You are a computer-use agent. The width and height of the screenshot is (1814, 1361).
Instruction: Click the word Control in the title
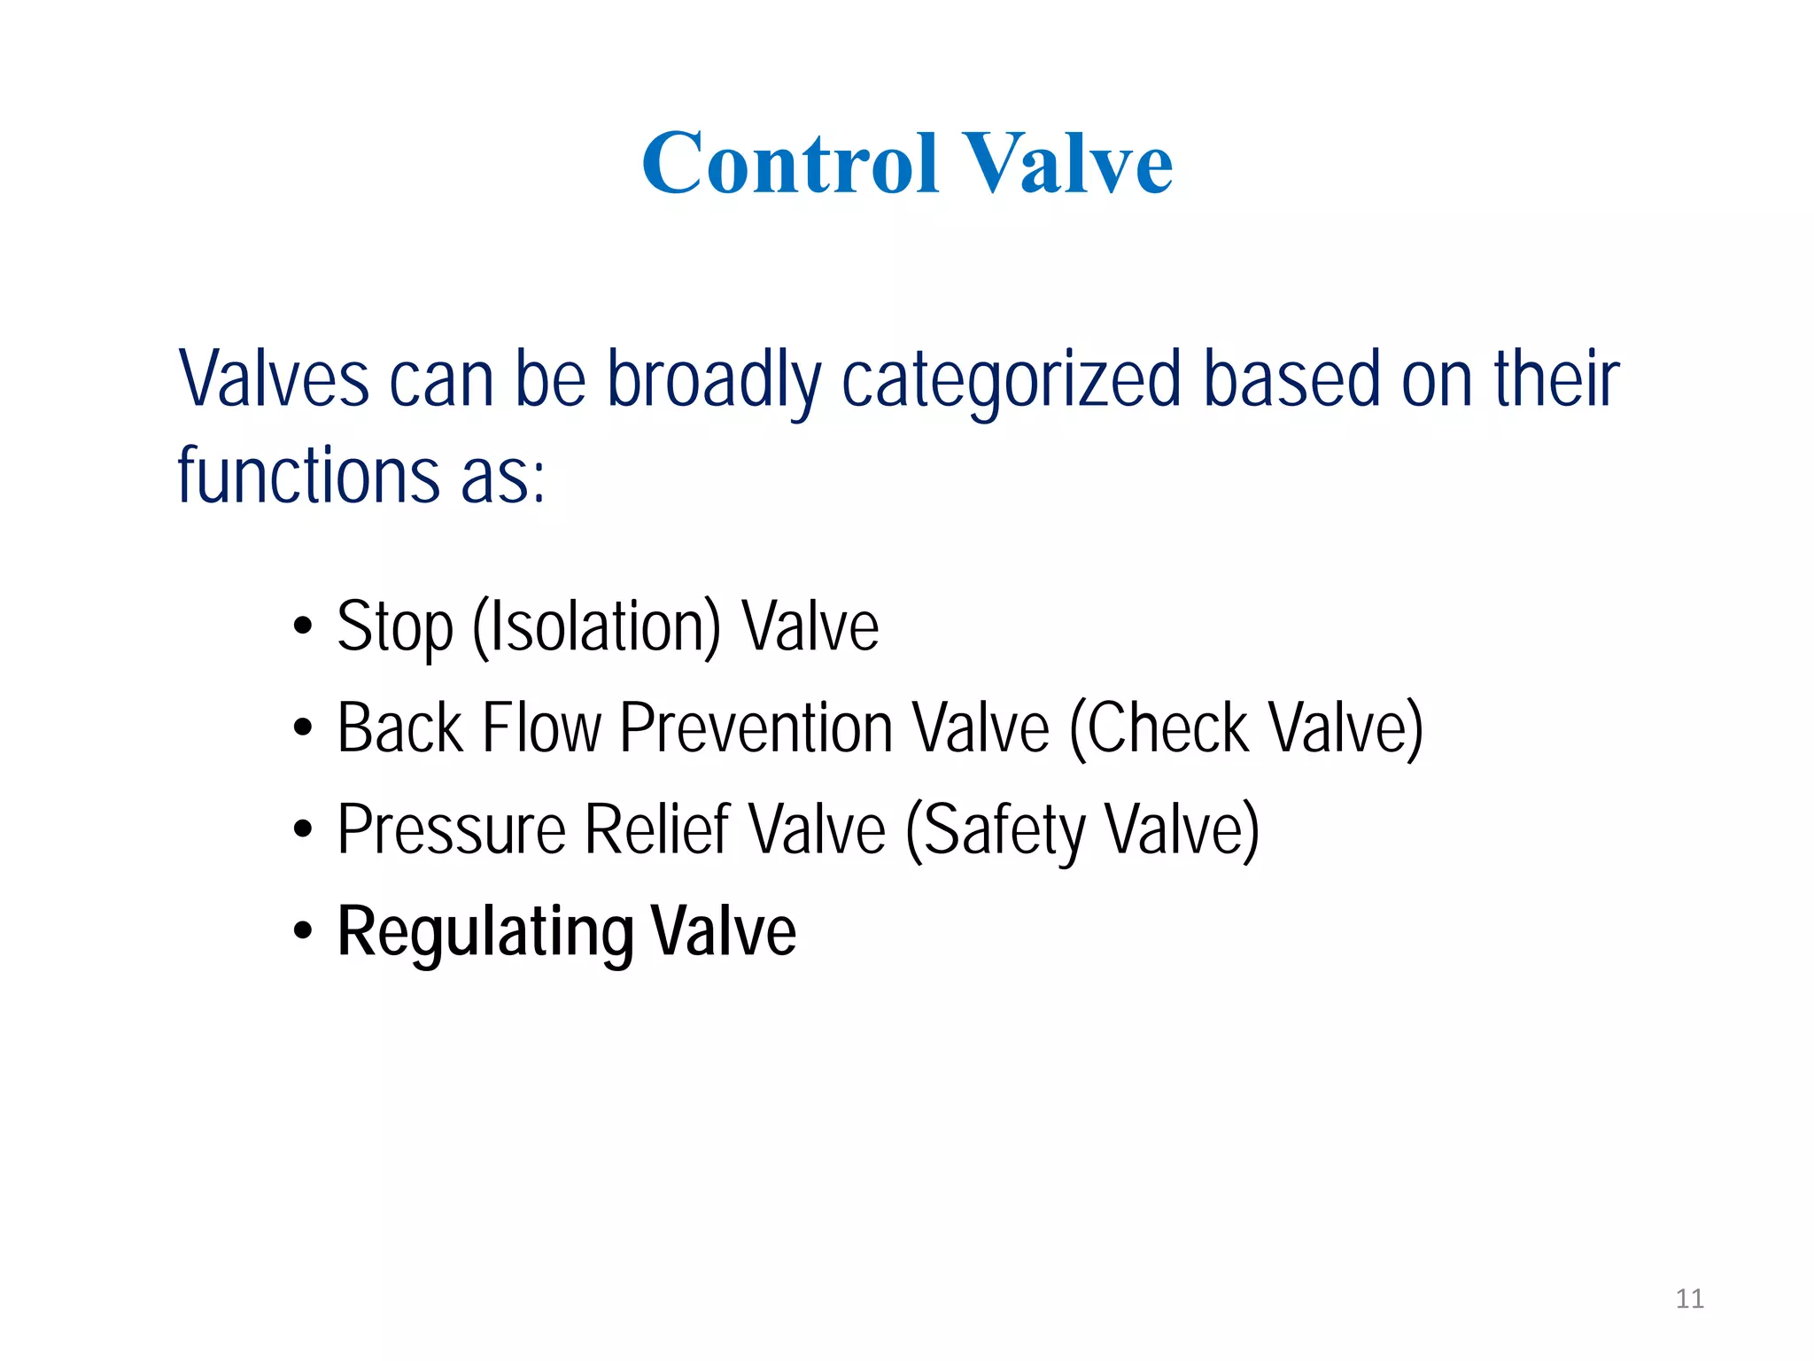(789, 163)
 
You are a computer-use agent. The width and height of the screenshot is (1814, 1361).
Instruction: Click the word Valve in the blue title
(1067, 163)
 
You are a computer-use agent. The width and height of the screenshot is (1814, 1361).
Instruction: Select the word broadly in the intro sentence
(714, 381)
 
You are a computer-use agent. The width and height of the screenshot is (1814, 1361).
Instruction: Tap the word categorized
(1012, 381)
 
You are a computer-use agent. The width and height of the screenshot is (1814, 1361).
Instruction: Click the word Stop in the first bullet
(395, 627)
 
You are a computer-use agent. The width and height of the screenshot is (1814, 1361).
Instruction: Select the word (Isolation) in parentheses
(597, 627)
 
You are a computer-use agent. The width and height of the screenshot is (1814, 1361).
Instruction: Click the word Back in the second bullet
(400, 728)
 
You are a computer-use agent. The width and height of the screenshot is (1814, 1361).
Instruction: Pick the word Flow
(542, 728)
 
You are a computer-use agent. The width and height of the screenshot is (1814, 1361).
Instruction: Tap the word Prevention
(756, 728)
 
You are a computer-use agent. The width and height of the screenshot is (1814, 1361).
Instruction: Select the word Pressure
(452, 830)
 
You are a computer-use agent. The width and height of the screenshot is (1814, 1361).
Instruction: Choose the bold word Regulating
(485, 932)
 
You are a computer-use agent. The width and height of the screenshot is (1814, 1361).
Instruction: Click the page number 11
(1689, 1299)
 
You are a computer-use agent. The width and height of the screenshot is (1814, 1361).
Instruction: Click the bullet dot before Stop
(303, 626)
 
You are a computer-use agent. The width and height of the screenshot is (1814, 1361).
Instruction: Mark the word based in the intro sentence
(1292, 381)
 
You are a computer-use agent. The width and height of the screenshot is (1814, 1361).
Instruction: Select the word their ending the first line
(1556, 381)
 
